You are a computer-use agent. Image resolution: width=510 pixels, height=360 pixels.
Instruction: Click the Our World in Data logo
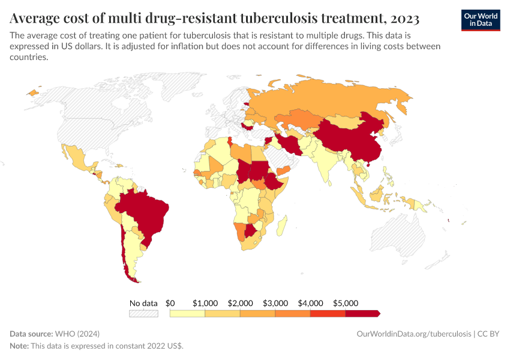pos(480,20)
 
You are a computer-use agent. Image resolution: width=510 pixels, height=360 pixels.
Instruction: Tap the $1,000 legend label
pos(205,303)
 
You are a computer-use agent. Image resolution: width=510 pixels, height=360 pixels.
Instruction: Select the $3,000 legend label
pos(275,303)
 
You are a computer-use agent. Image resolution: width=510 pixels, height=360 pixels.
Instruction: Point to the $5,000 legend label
pos(345,303)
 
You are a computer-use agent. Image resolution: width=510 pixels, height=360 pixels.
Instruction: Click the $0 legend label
pos(170,303)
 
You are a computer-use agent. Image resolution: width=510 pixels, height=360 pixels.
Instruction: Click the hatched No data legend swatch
pos(143,313)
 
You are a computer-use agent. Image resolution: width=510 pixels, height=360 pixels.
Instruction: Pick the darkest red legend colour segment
pos(362,313)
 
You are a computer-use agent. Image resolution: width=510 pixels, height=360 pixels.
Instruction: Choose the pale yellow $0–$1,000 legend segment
pos(187,313)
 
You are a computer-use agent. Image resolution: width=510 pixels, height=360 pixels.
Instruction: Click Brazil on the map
pos(144,210)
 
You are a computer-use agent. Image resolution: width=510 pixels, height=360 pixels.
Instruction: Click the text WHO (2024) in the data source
pos(77,334)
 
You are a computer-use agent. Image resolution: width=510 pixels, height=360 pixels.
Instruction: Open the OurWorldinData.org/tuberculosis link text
pos(413,334)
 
